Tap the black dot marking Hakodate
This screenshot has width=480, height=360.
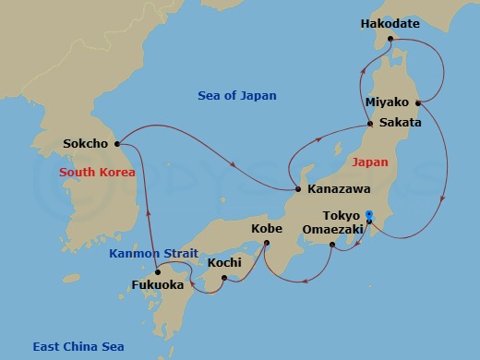click(390, 39)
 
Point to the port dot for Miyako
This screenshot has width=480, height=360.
click(419, 102)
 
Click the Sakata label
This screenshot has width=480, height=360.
click(401, 122)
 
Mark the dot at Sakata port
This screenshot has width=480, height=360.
click(370, 123)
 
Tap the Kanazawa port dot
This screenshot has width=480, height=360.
click(298, 189)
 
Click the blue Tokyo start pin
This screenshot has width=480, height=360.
click(368, 216)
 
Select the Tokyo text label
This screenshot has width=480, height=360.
click(342, 215)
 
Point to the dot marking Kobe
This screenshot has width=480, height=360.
click(267, 244)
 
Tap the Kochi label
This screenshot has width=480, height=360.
click(225, 263)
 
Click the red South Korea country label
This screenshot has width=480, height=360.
click(97, 173)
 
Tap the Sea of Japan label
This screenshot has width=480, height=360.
click(237, 96)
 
